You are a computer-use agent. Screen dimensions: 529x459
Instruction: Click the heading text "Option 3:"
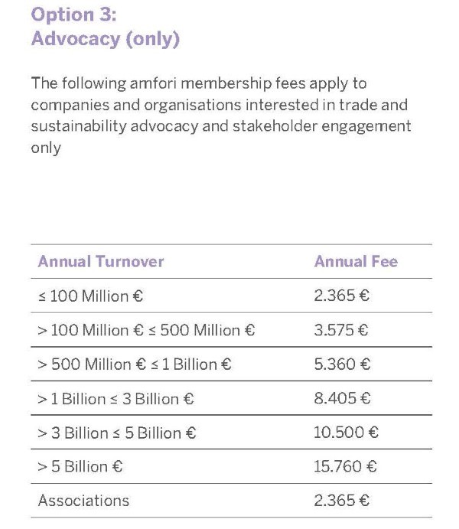tap(76, 15)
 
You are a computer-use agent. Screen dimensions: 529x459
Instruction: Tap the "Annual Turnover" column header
tap(101, 262)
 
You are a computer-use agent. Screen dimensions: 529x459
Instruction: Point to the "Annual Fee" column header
tap(356, 262)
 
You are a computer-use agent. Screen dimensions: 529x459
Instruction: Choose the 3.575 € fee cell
tap(341, 331)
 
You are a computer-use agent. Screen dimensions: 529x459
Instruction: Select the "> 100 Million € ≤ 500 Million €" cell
tap(146, 331)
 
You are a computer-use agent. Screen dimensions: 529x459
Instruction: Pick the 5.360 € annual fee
tap(342, 365)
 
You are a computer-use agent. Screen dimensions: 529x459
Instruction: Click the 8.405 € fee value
tap(342, 399)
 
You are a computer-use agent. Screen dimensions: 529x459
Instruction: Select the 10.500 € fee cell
tap(346, 433)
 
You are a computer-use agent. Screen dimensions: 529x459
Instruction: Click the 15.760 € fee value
tap(346, 466)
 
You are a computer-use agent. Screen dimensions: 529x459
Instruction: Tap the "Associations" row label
tap(83, 501)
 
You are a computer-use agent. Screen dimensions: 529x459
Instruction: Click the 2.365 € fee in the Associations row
tap(341, 501)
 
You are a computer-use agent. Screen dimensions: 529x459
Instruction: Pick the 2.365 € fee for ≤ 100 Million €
tap(341, 296)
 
